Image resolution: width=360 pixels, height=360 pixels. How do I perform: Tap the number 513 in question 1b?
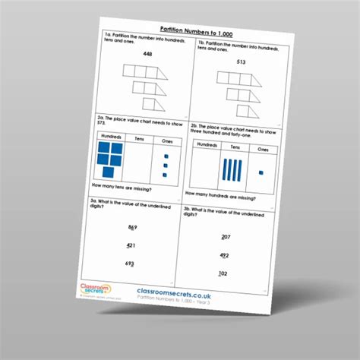pyautogui.click(x=241, y=62)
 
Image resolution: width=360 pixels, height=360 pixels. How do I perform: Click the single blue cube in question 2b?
pyautogui.click(x=261, y=174)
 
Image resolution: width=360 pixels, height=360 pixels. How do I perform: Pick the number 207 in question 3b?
pyautogui.click(x=226, y=237)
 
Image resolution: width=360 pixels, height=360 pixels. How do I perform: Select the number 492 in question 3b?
pyautogui.click(x=224, y=256)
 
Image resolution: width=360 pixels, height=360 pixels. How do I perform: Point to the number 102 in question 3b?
pyautogui.click(x=223, y=274)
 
